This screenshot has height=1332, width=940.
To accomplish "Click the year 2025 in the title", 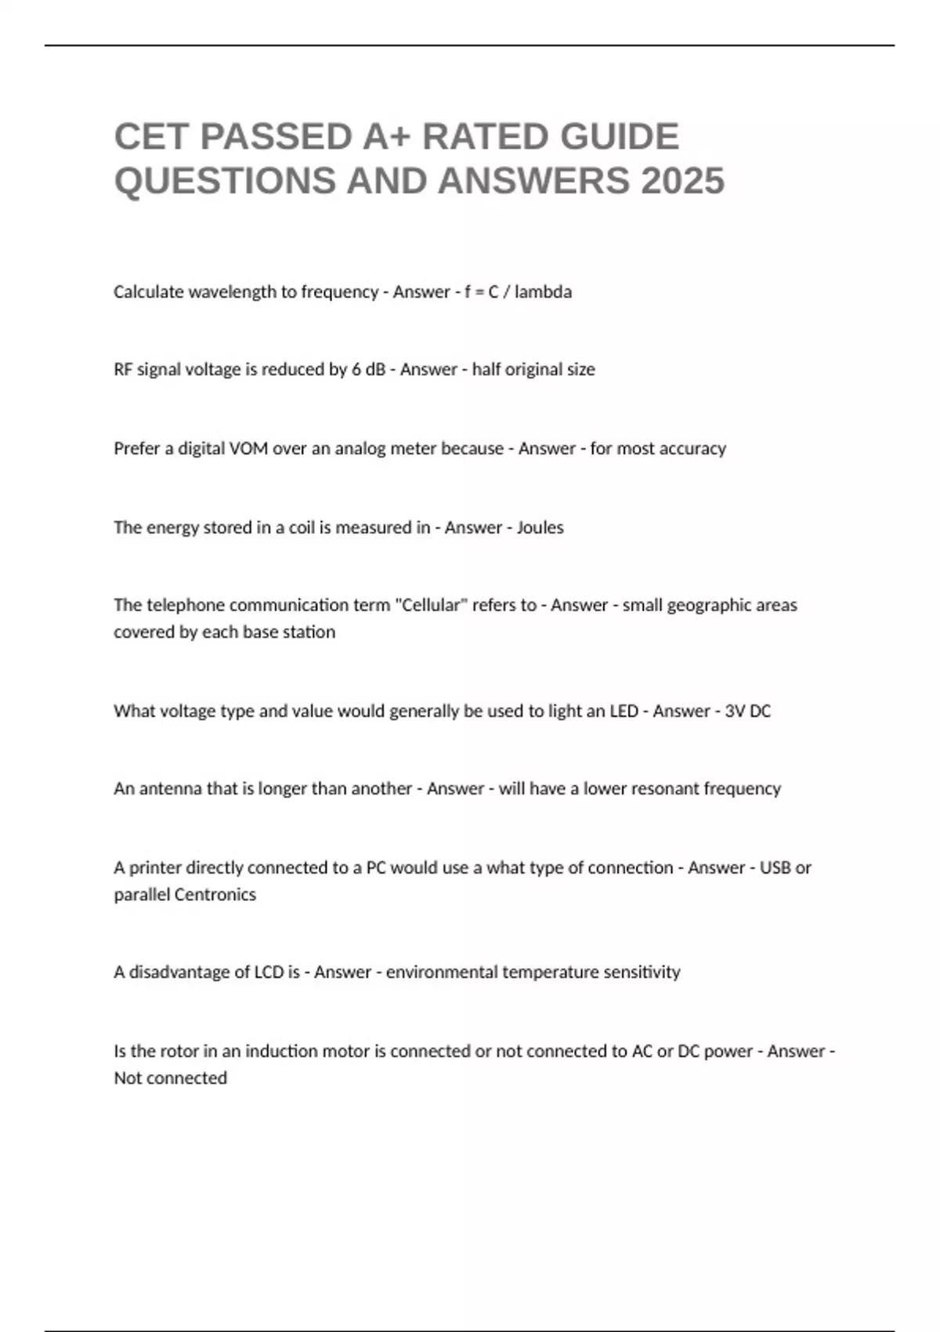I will click(682, 181).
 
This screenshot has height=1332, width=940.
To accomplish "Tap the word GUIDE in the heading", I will click(618, 136).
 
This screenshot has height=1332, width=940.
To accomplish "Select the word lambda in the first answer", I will click(543, 292).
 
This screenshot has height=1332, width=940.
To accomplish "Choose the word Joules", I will click(540, 528).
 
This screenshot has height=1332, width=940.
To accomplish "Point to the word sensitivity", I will click(642, 972).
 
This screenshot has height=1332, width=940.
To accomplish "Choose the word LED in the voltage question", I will click(624, 711).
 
